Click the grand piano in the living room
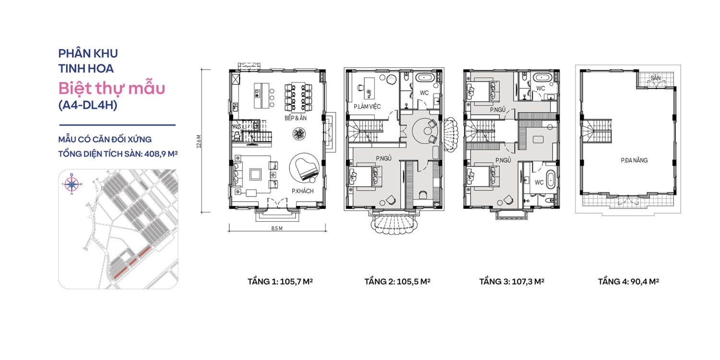[303, 168]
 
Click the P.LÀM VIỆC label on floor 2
[367, 107]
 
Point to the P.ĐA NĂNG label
[634, 160]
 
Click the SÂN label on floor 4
[655, 77]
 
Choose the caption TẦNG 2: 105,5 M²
[397, 281]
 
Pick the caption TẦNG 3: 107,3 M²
[511, 281]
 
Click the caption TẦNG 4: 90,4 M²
[628, 281]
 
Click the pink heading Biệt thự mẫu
[111, 88]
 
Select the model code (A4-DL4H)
[87, 106]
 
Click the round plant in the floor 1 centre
[299, 134]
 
